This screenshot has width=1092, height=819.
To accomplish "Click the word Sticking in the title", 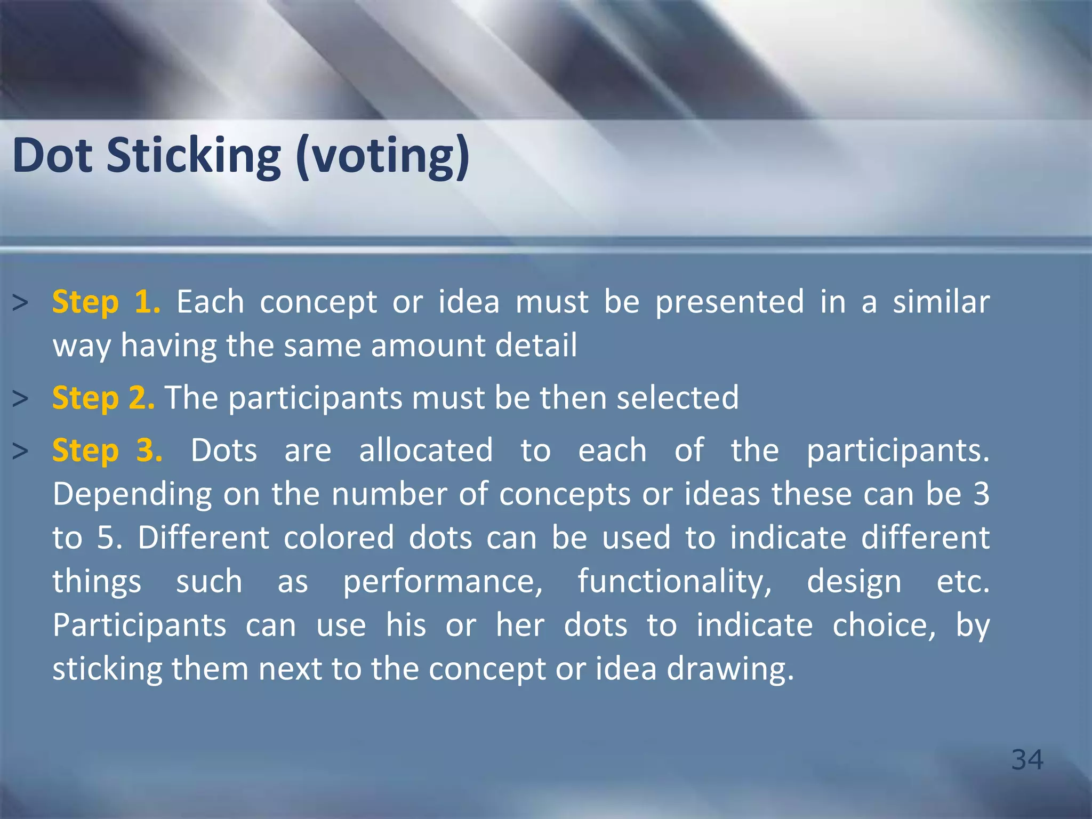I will (194, 156).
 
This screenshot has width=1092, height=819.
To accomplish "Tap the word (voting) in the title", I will (383, 156).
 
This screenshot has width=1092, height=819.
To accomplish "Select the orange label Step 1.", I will (106, 302).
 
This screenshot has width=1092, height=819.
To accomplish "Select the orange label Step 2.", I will (103, 398).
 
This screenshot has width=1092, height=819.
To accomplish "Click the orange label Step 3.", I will (107, 451).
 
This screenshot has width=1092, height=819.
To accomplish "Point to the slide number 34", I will (1027, 760).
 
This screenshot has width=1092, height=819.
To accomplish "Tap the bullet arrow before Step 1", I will (20, 303).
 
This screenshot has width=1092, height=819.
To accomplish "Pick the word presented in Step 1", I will (729, 302).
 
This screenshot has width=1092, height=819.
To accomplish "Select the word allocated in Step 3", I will (425, 451).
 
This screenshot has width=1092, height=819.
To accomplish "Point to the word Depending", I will (132, 495).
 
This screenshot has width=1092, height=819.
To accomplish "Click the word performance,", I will (443, 582).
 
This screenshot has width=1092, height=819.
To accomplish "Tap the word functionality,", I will (675, 582).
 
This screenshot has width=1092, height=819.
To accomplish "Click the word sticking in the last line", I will (107, 669).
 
